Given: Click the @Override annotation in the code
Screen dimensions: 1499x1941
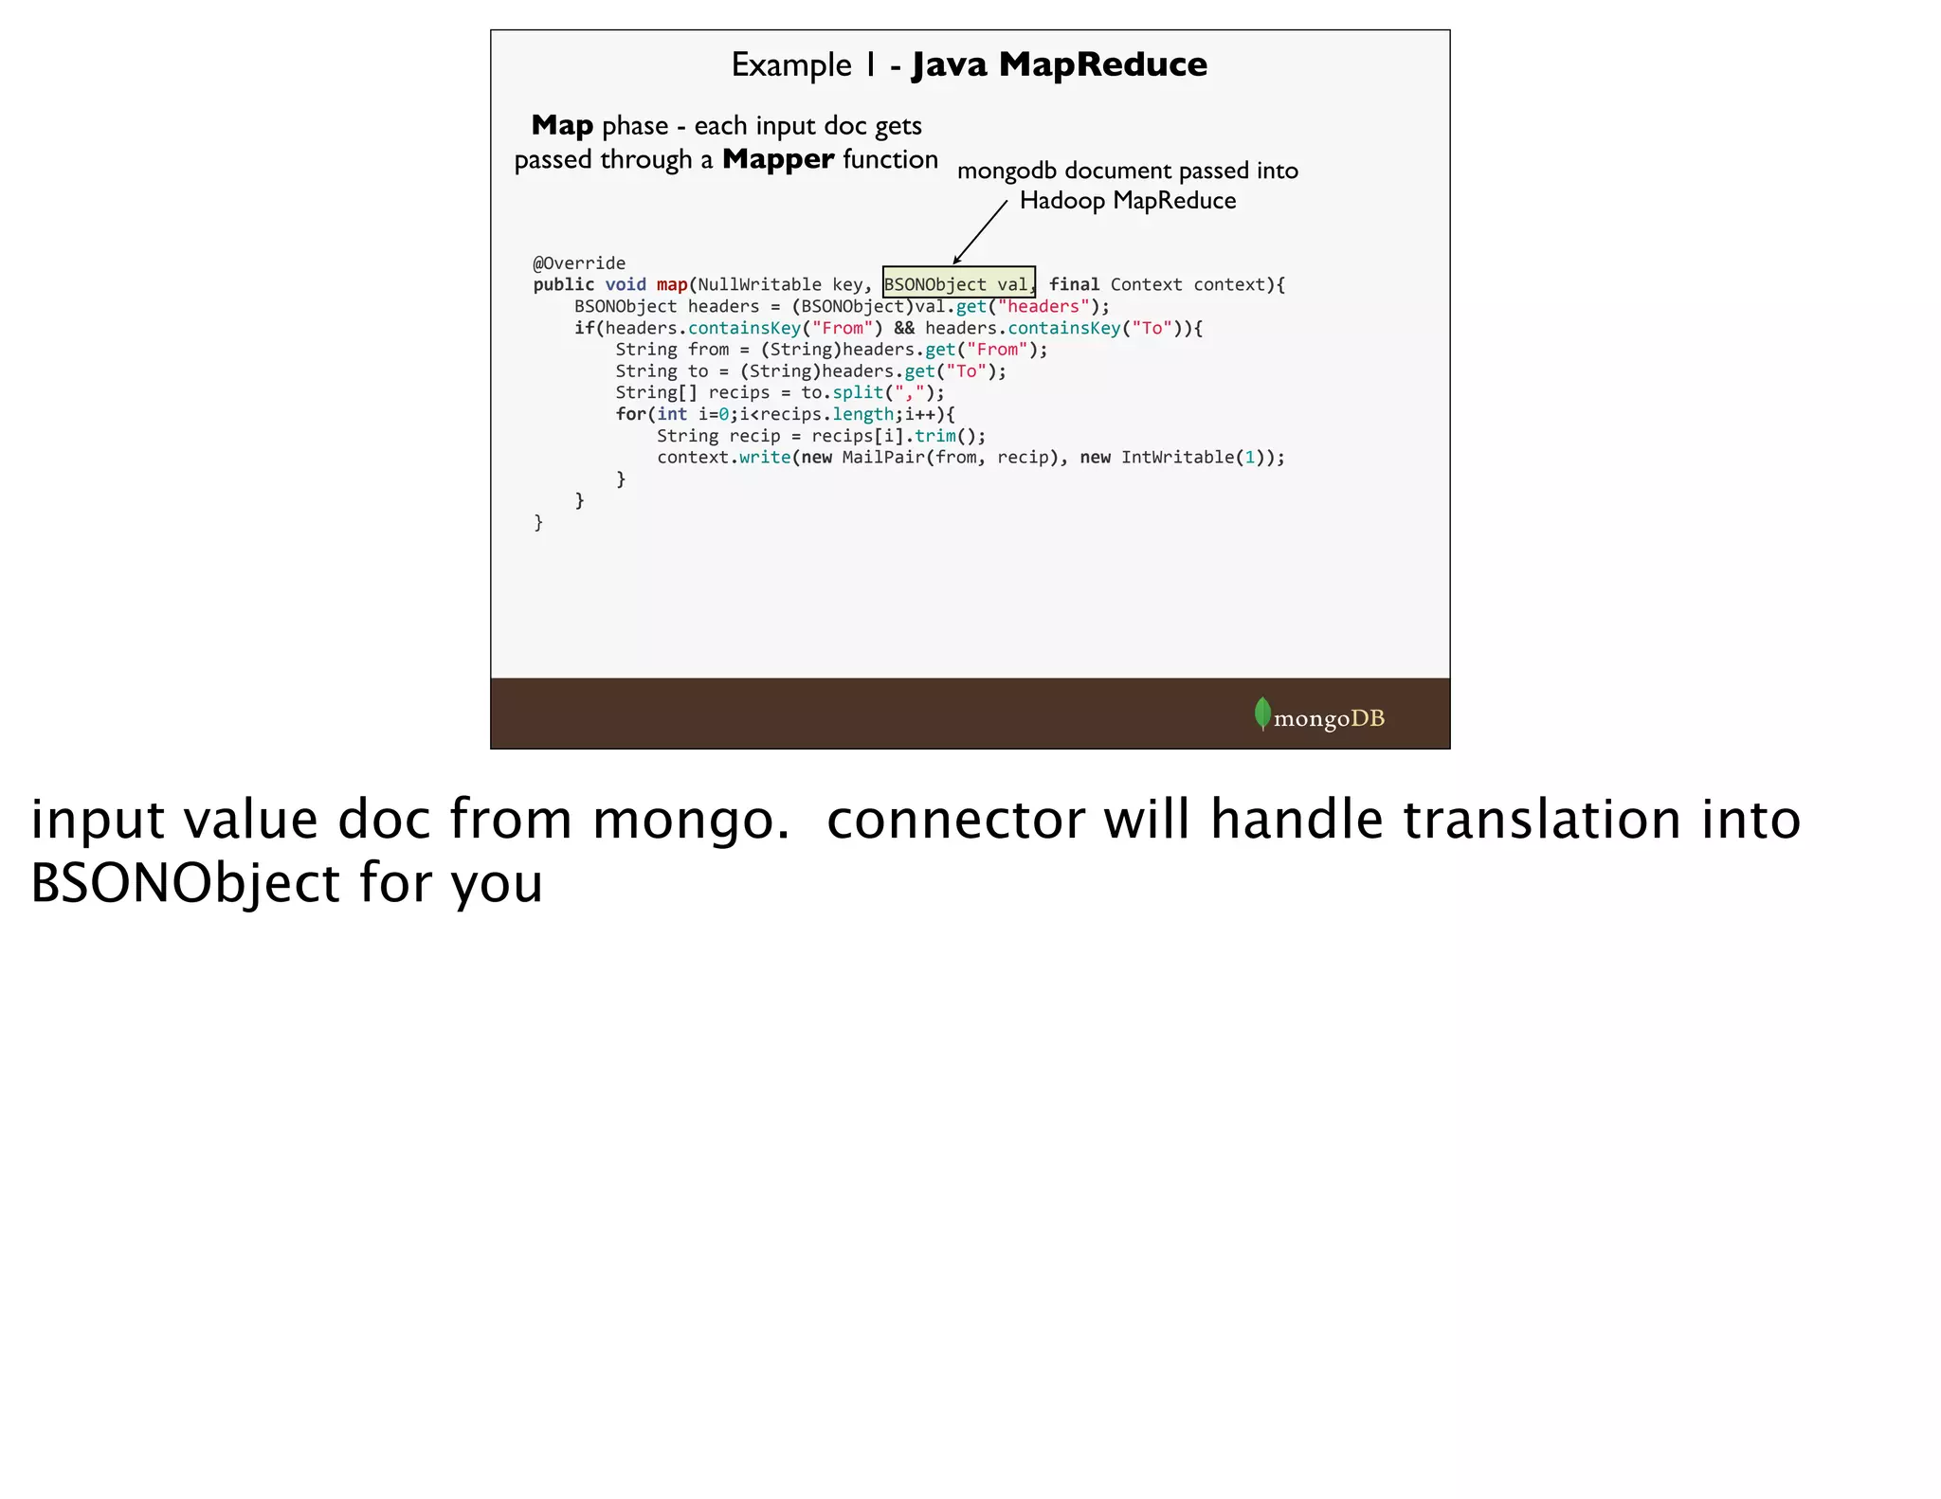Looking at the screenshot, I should click(579, 263).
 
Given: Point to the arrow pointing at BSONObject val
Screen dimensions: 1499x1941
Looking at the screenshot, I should click(979, 233).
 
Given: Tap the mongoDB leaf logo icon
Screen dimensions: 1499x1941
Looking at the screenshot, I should click(1262, 714).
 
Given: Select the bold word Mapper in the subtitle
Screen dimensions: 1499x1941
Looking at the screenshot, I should click(778, 159).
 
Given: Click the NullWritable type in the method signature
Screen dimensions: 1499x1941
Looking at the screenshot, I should click(759, 285).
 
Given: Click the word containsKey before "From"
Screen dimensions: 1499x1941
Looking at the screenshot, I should click(744, 329).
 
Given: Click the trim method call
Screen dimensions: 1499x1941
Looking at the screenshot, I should click(935, 436).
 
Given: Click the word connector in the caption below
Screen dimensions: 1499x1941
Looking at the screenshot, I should click(955, 820).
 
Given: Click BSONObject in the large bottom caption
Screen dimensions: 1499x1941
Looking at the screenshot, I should click(185, 883).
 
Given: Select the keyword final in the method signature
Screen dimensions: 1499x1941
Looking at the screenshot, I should click(1074, 285).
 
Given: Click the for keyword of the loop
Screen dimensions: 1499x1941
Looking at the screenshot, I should click(630, 415).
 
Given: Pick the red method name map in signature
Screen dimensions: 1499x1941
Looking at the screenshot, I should click(672, 285).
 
